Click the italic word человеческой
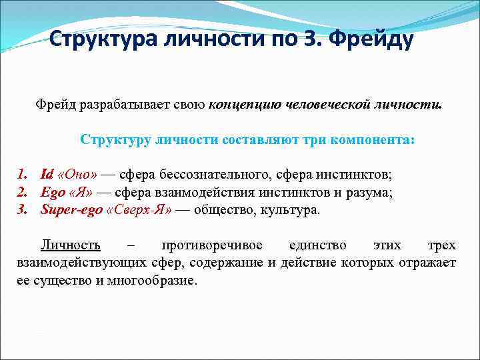click(331, 105)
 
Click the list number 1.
click(21, 175)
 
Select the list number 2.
click(21, 193)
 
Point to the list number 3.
click(21, 210)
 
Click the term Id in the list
click(46, 175)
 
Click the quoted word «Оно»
click(78, 175)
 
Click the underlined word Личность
click(71, 245)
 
